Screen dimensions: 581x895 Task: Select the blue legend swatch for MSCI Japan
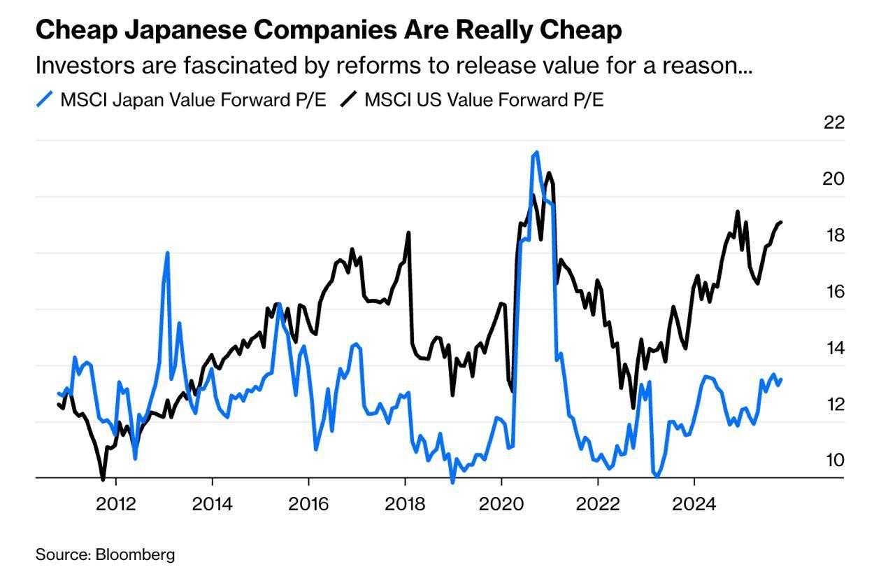(x=45, y=99)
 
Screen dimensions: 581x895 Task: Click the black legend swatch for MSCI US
(x=349, y=99)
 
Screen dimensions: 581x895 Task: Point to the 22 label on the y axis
(x=834, y=122)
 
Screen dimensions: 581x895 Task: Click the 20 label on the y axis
(x=834, y=179)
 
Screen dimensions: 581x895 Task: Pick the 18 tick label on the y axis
(x=834, y=235)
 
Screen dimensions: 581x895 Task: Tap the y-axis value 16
(x=834, y=292)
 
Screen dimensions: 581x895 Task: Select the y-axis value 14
(x=834, y=348)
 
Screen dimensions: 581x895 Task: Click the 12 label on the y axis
(x=834, y=405)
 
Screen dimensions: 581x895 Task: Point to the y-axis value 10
(x=834, y=461)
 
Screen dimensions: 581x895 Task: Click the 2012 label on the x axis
(x=115, y=503)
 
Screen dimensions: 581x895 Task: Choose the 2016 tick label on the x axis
(x=308, y=503)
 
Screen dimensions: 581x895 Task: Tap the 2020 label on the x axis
(x=501, y=503)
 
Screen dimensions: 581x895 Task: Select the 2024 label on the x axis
(x=694, y=503)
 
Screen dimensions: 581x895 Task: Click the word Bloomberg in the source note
(x=135, y=555)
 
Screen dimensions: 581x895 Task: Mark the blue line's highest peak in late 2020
(x=536, y=152)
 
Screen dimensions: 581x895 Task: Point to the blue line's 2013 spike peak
(x=167, y=253)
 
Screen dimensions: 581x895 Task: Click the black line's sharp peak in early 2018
(x=408, y=233)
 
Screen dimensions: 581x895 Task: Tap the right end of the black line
(x=780, y=222)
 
